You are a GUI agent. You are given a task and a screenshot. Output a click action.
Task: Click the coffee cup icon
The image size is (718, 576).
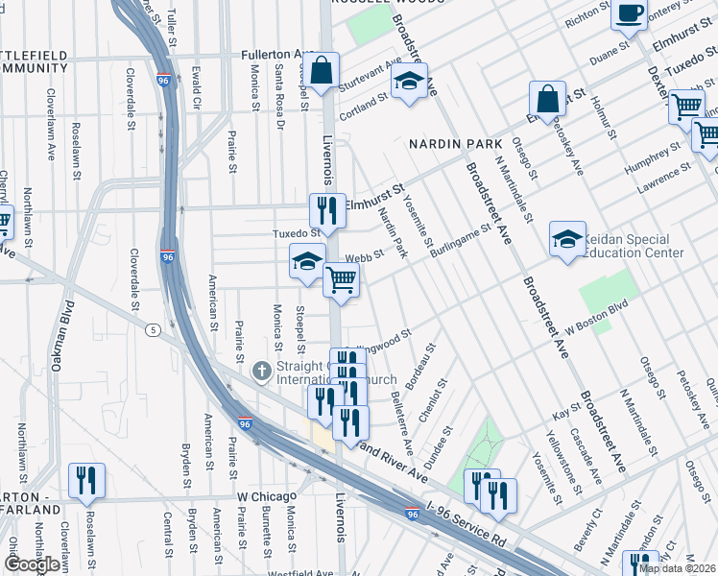[630, 14]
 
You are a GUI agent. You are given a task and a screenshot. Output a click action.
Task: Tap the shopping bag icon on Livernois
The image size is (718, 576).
[323, 71]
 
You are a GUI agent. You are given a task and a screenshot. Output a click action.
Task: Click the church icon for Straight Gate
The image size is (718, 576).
[260, 371]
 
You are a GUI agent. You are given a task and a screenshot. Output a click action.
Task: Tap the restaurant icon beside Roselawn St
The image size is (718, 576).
[86, 480]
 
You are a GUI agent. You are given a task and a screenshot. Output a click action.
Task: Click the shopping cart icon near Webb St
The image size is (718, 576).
[341, 280]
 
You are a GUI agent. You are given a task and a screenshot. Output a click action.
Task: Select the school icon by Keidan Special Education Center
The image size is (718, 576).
[567, 239]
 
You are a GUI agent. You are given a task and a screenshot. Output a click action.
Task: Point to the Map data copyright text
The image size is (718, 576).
[677, 568]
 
